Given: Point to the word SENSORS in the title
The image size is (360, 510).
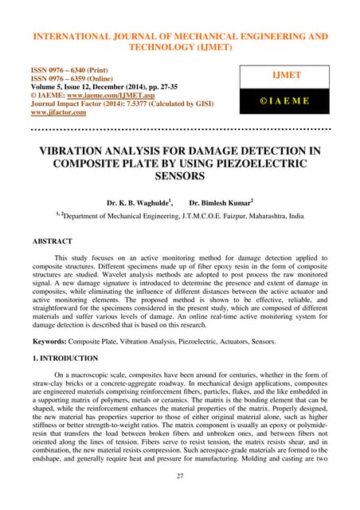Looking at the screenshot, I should point(180,179).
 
